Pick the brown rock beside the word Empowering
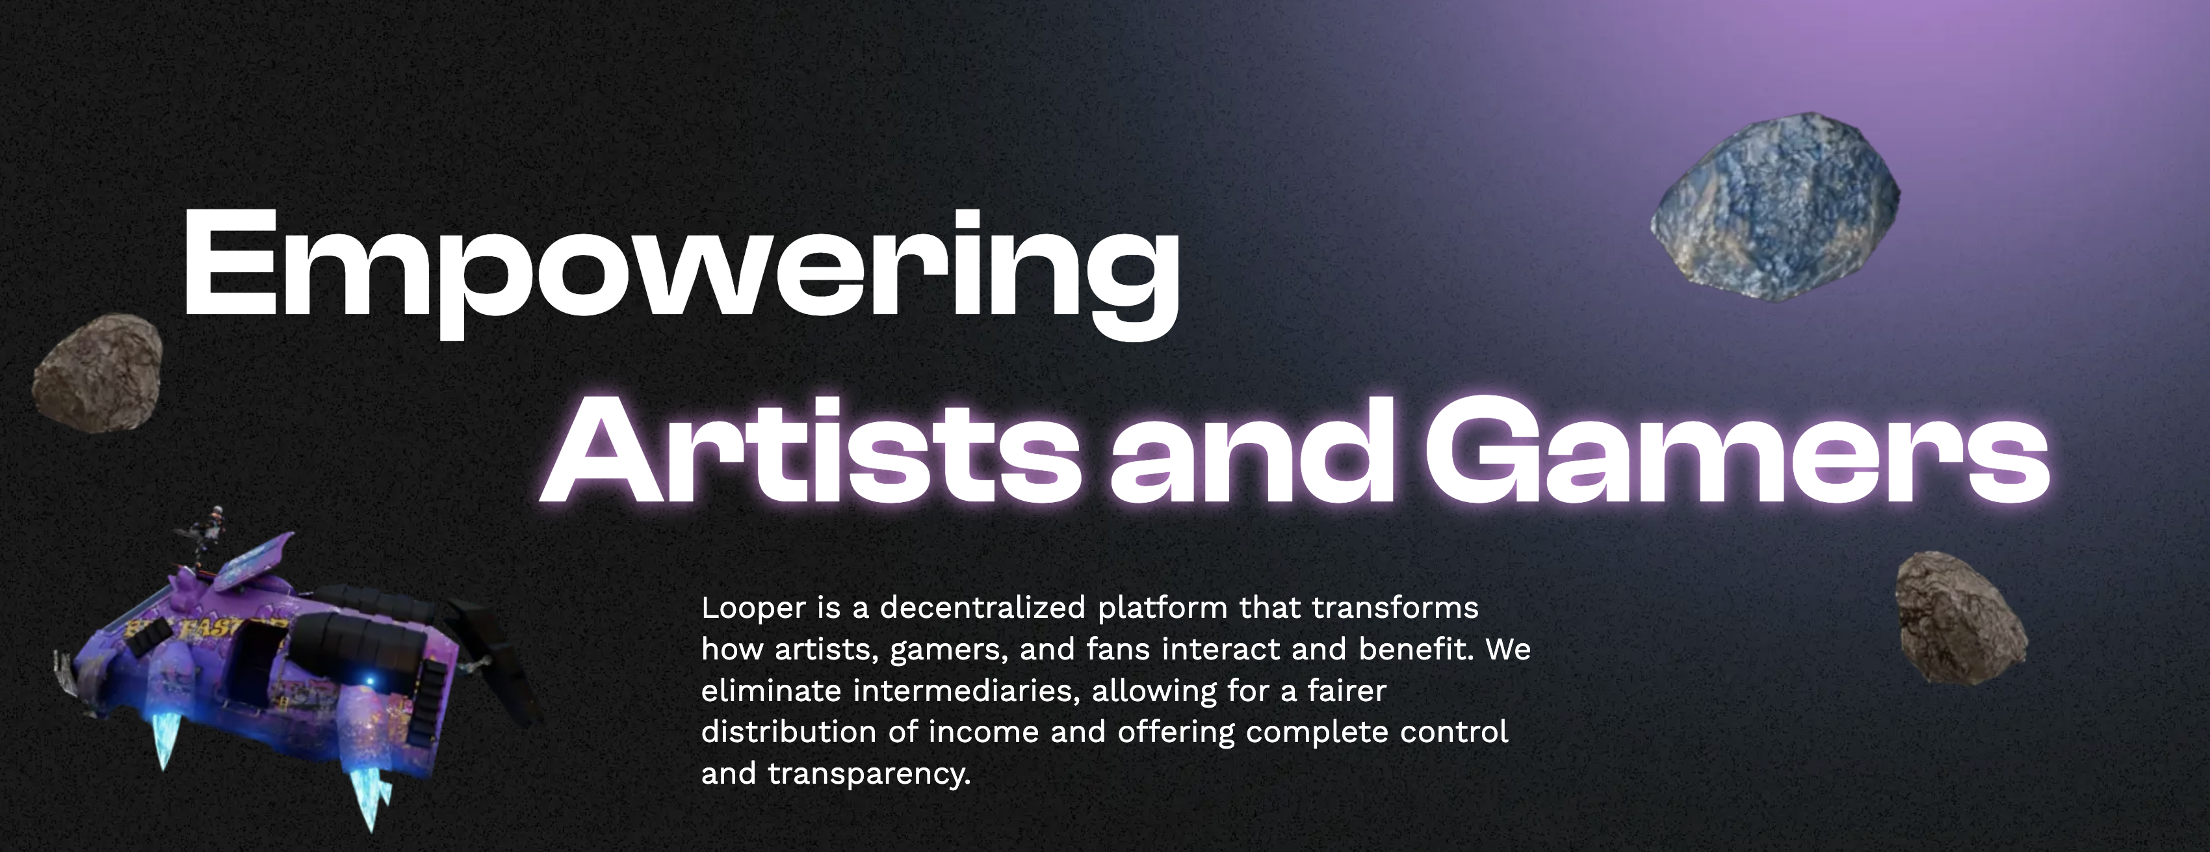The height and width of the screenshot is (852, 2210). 97,373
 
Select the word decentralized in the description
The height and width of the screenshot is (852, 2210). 982,607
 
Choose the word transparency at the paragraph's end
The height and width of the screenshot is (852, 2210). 869,775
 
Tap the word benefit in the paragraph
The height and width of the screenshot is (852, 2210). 1416,648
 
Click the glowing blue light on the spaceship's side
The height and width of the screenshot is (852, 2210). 370,681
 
